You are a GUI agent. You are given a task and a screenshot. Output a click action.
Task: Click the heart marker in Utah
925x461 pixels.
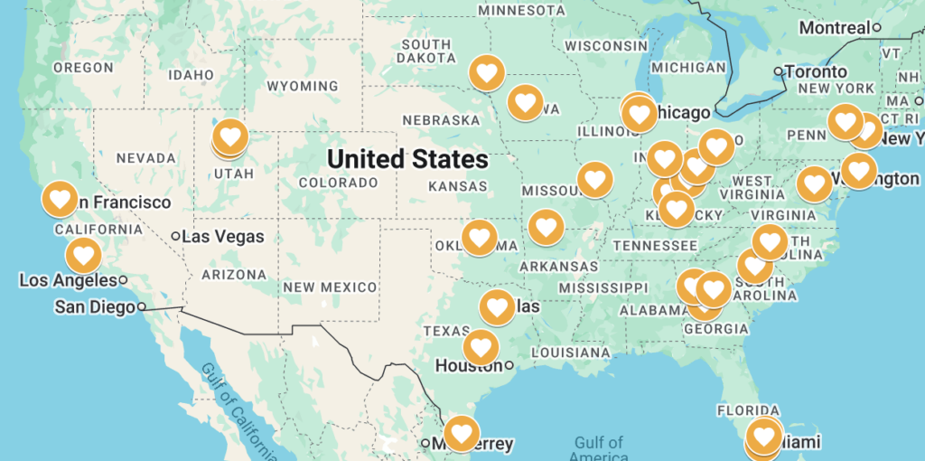[230, 137]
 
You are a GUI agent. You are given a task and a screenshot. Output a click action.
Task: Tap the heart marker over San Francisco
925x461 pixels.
[61, 198]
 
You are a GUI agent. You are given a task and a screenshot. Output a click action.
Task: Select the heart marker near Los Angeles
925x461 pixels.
[84, 255]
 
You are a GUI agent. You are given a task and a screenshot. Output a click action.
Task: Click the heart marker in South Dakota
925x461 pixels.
[487, 71]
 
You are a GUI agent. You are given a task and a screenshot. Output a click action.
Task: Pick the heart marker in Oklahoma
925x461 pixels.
[480, 238]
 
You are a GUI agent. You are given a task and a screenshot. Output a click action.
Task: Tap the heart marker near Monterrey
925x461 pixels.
[462, 433]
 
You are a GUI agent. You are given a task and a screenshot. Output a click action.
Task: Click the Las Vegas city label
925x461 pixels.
[223, 237]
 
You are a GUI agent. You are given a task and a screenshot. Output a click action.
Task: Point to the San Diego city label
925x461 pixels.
[94, 306]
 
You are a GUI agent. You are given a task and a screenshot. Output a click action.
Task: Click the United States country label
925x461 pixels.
[407, 160]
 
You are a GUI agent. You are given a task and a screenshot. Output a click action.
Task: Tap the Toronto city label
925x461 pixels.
[816, 71]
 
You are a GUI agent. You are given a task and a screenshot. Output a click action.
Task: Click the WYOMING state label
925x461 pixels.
[303, 87]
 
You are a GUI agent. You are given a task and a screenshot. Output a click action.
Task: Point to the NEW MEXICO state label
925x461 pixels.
[330, 287]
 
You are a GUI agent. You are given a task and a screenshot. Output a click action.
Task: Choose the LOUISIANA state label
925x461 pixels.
[571, 352]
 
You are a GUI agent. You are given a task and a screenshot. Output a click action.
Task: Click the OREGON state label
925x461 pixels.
[83, 68]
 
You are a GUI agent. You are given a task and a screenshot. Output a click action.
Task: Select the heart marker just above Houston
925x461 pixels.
[481, 346]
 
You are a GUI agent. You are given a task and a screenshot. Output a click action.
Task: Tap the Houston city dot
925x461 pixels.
[509, 366]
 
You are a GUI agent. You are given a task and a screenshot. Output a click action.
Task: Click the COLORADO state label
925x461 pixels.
[338, 183]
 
